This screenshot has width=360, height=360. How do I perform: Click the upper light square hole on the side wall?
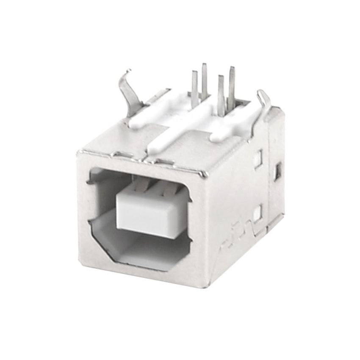point(257,159)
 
